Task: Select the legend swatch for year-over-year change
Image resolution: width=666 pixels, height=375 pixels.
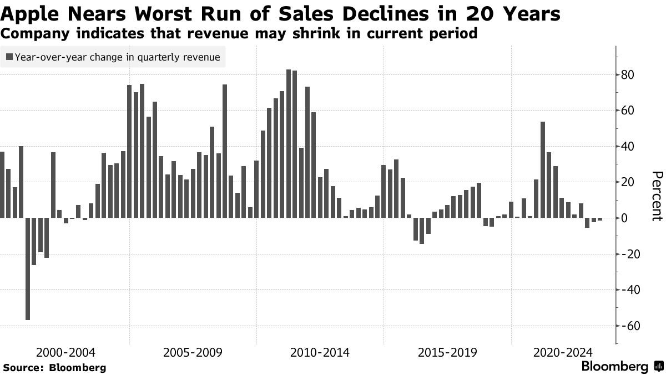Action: (x=9, y=57)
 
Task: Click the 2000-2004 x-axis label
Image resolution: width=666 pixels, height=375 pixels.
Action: (x=65, y=353)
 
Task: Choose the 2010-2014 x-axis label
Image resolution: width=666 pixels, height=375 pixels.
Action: (x=320, y=353)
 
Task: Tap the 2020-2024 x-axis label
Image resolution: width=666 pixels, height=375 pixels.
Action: (x=563, y=353)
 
